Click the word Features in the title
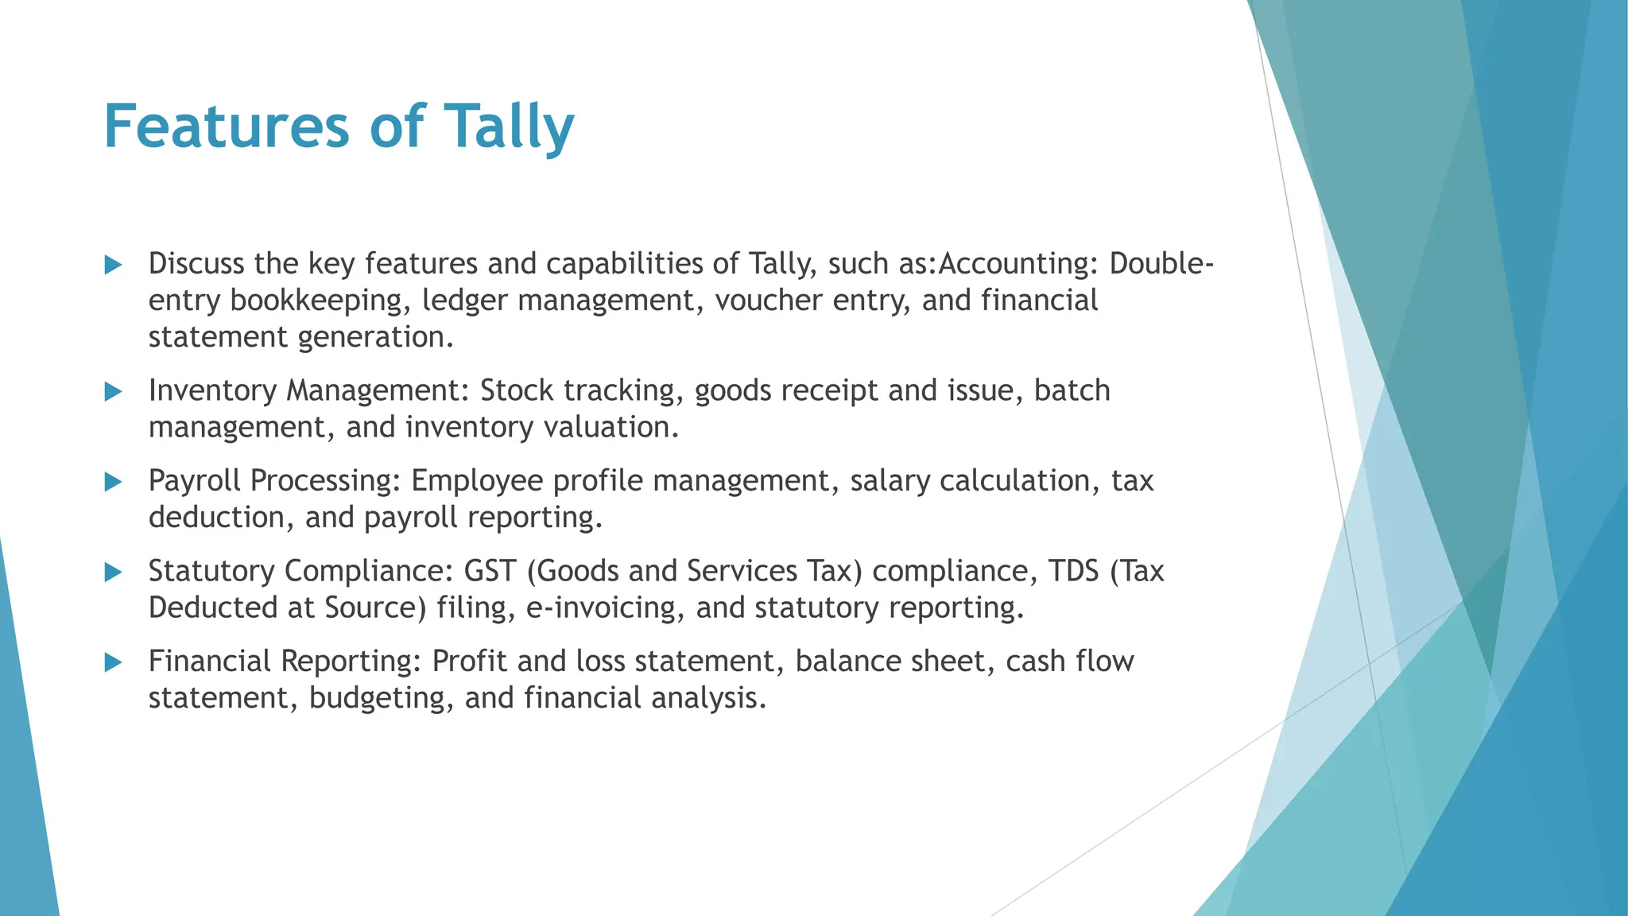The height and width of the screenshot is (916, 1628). (x=227, y=127)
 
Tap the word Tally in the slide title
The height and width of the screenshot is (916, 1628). (x=509, y=127)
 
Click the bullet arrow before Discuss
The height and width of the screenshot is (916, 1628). (x=114, y=265)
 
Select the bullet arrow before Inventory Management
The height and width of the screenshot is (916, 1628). (x=114, y=391)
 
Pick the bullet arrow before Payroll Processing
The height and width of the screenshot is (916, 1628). (x=114, y=482)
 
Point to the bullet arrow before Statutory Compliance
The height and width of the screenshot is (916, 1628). (x=114, y=572)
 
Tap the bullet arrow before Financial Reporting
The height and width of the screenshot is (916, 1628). (x=114, y=662)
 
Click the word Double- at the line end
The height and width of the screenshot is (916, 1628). (x=1161, y=264)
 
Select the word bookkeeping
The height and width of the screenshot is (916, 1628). (x=321, y=301)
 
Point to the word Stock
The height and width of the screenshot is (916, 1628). (x=517, y=391)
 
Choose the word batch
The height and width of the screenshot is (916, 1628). (x=1072, y=391)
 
